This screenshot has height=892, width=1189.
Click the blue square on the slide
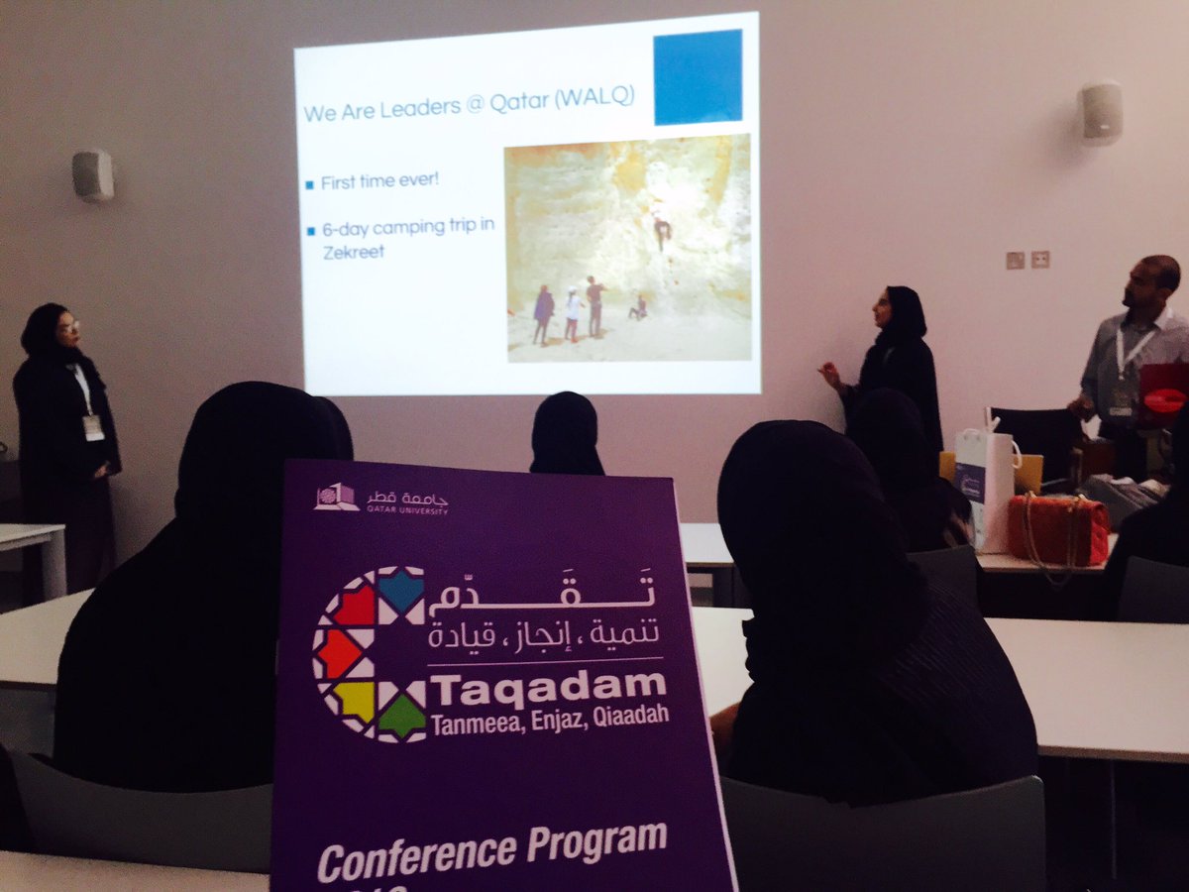click(x=698, y=76)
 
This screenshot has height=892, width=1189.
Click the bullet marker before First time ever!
click(x=309, y=184)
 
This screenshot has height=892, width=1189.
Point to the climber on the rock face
click(x=661, y=230)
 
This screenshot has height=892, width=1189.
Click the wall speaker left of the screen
click(x=92, y=175)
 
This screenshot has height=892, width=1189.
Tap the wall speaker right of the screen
click(x=1101, y=112)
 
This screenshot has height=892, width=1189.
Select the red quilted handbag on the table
click(x=1057, y=529)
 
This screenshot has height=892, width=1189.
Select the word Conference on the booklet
click(x=415, y=854)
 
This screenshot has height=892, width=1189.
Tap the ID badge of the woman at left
click(x=93, y=427)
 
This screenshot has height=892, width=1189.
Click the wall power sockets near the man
click(x=1027, y=260)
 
